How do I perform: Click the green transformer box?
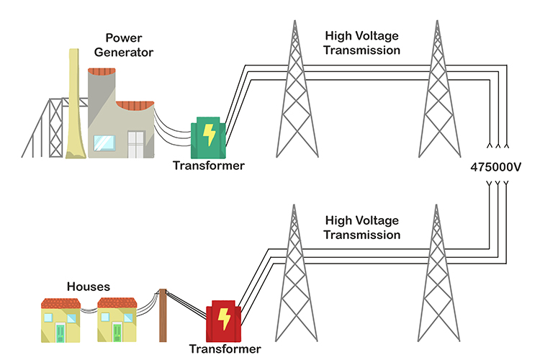pos(208,139)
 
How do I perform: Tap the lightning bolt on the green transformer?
pos(209,135)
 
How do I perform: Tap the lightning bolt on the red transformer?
pos(225,318)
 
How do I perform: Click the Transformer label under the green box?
pos(209,166)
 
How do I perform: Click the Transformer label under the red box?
pos(225,349)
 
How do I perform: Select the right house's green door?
pos(117,330)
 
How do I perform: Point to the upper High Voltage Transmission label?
pos(362,42)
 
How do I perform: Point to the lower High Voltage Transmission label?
pos(362,228)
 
